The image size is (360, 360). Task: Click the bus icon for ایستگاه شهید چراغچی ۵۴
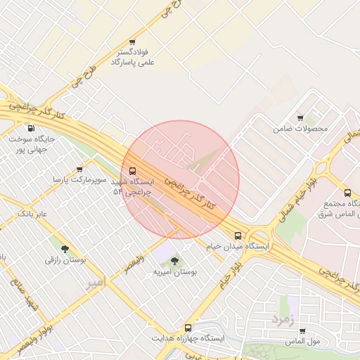pos(132,171)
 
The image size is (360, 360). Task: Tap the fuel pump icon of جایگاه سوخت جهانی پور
pos(30,129)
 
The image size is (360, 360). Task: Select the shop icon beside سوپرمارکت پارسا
pos(79,169)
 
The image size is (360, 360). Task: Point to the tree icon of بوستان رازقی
pos(65,249)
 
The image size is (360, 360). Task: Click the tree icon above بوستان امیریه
pos(174,261)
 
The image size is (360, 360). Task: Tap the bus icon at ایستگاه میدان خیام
pos(238,236)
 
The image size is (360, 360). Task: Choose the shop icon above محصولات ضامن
pos(300,118)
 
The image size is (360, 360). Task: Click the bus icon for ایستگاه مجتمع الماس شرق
pos(347,193)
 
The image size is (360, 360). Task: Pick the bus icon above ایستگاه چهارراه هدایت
pos(187,328)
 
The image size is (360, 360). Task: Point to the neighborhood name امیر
pos(94,283)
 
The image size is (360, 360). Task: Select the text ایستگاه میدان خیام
pos(238,247)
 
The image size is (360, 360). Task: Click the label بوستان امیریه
pos(175,271)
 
